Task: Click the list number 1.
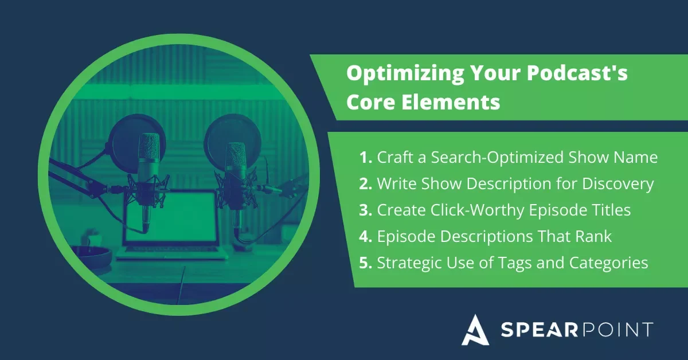click(365, 158)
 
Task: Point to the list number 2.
click(365, 184)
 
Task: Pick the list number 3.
click(365, 210)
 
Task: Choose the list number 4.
click(365, 236)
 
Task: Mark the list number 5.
click(365, 263)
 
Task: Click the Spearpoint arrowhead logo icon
click(474, 330)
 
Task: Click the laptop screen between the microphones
click(172, 218)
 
